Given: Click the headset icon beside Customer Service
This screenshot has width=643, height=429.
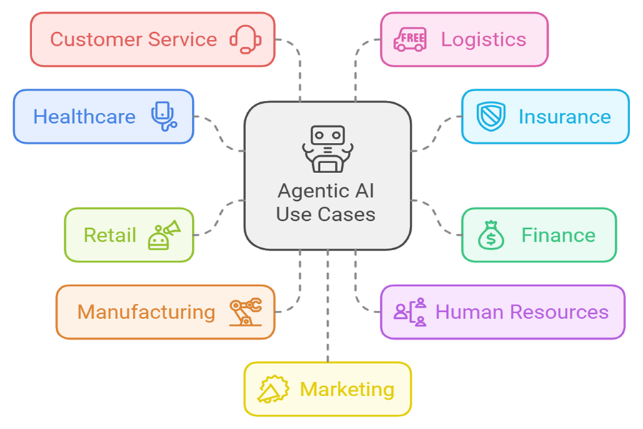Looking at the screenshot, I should click(245, 39).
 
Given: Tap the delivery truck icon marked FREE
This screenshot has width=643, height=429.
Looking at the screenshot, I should click(410, 39).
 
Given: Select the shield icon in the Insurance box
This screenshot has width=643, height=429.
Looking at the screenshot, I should click(492, 117).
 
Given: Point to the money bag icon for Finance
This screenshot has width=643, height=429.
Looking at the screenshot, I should click(492, 235).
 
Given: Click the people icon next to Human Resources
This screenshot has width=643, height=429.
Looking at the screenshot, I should click(410, 312).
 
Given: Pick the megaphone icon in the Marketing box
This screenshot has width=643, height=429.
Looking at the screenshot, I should click(273, 390).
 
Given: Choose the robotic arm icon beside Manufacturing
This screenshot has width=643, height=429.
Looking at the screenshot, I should click(245, 312).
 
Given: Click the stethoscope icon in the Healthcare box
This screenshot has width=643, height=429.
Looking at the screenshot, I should click(164, 116).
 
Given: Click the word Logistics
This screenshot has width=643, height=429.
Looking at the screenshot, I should click(483, 39).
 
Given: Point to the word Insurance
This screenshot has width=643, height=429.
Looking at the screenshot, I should click(564, 117).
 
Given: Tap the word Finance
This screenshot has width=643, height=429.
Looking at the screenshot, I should click(558, 235).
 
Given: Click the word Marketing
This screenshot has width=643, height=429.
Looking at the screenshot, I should click(347, 390).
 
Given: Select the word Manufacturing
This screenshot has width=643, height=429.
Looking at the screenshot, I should click(146, 312).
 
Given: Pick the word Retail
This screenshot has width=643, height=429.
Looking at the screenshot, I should click(109, 235).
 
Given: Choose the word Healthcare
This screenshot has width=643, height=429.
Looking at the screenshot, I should click(84, 117).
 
